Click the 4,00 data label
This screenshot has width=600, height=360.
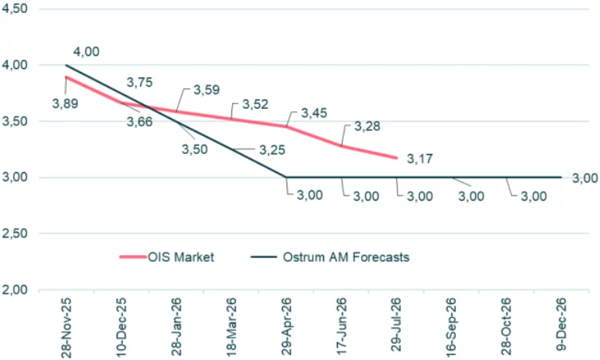[x=86, y=51]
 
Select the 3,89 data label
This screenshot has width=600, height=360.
[x=66, y=102]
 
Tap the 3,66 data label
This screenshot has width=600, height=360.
[x=139, y=121]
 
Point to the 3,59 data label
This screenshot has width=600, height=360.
[x=206, y=90]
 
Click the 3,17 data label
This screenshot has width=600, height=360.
[x=420, y=159]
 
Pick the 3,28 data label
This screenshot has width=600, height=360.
[x=366, y=126]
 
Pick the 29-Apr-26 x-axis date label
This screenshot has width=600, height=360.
[x=287, y=326]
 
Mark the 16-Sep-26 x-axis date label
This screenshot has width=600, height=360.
[x=452, y=326]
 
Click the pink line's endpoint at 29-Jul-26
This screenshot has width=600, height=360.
[x=397, y=158]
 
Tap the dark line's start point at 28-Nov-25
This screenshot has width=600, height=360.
[x=66, y=65]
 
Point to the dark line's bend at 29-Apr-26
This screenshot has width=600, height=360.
[x=287, y=177]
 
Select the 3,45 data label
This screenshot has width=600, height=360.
[x=314, y=113]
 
